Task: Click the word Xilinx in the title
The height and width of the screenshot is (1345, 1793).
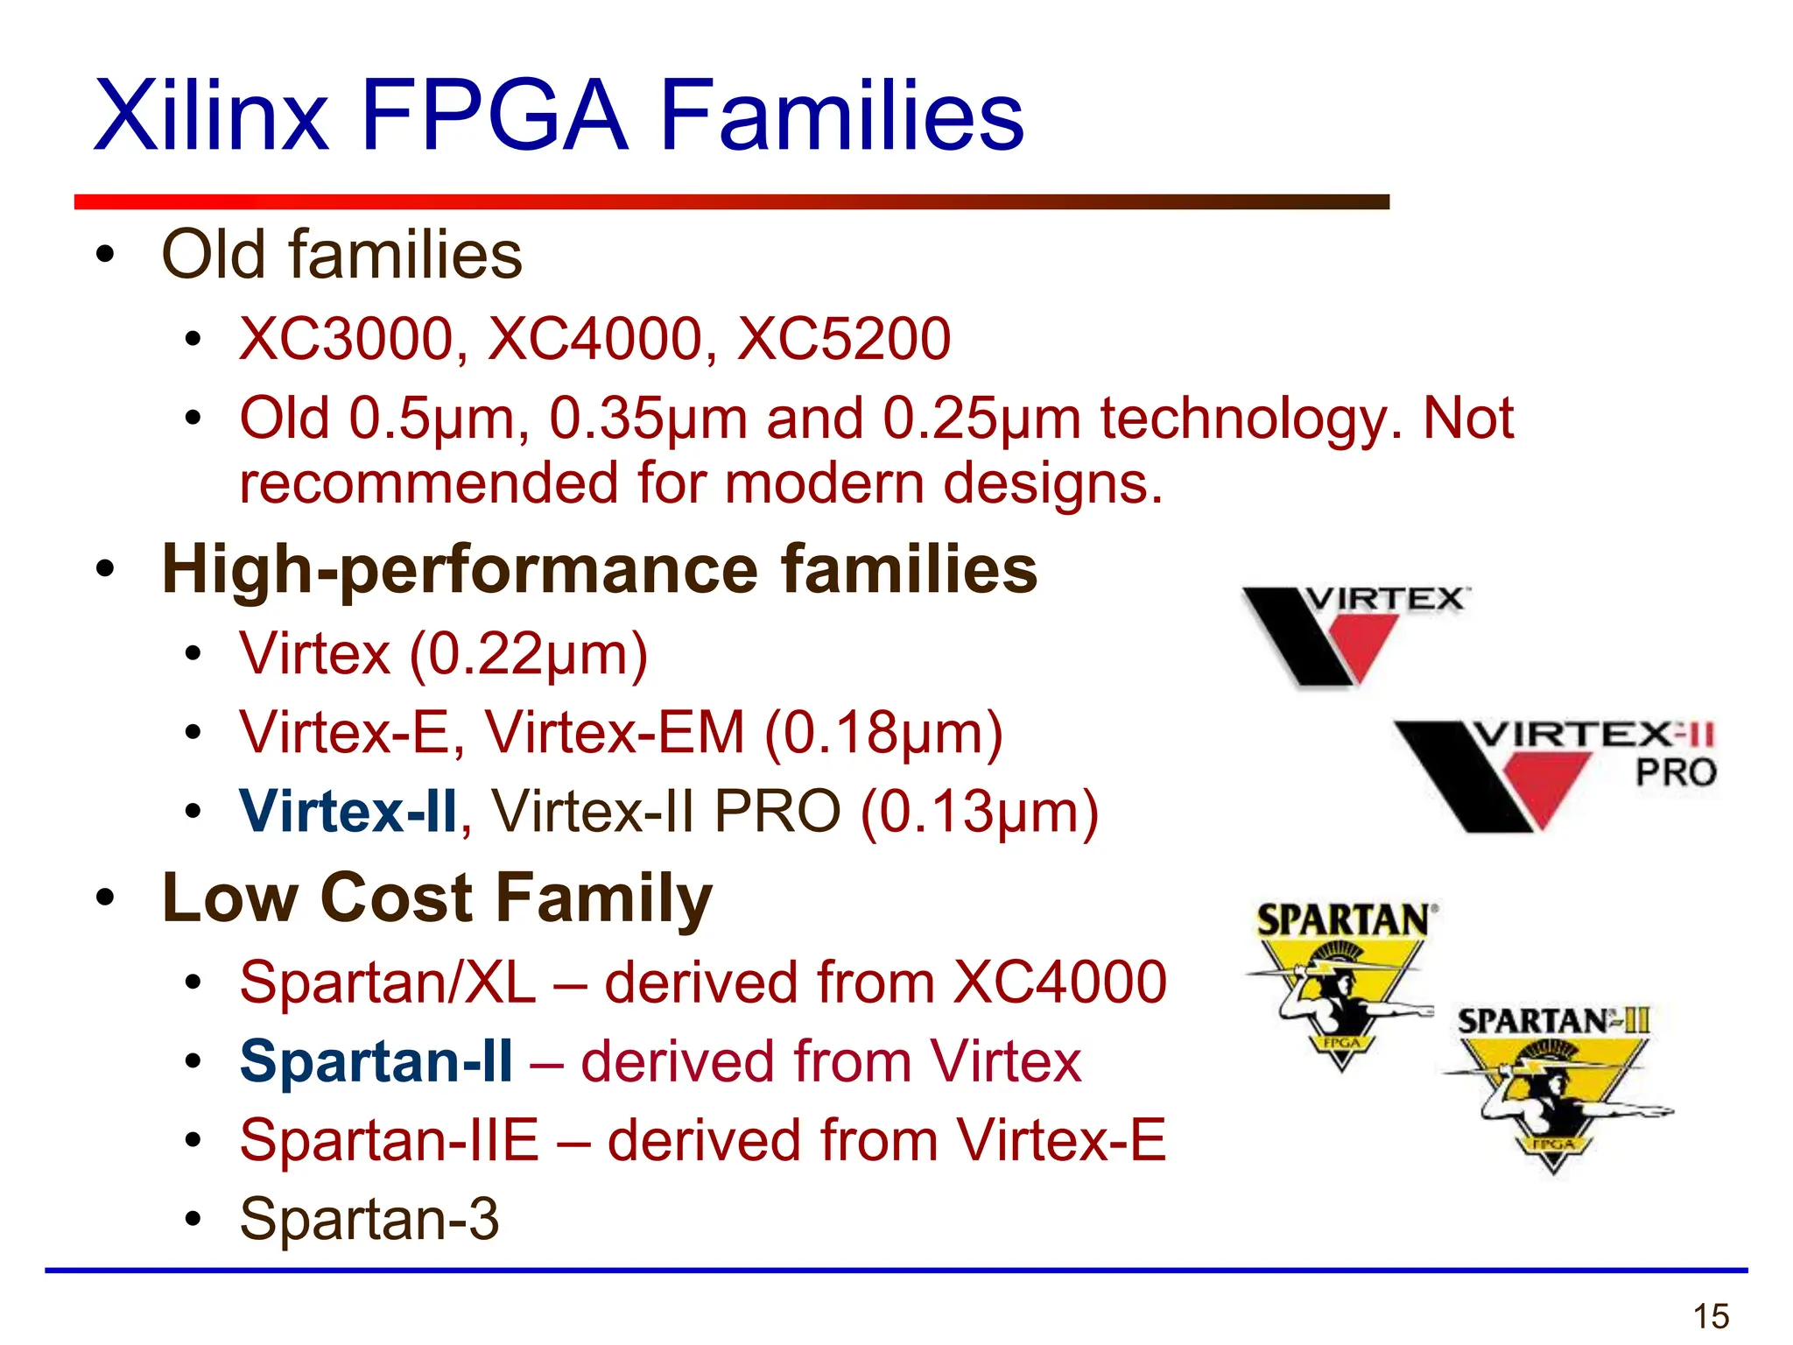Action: [x=211, y=116]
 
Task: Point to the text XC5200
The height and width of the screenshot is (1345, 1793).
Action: [x=843, y=339]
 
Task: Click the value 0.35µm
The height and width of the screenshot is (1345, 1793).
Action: [x=648, y=419]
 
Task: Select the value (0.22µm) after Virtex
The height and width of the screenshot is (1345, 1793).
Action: [x=529, y=654]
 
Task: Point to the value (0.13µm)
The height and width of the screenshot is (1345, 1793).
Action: [x=980, y=812]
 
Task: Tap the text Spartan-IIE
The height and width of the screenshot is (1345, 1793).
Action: [x=390, y=1140]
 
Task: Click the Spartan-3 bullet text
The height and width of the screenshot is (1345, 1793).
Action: [x=369, y=1219]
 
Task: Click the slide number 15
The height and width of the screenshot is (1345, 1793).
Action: [x=1711, y=1316]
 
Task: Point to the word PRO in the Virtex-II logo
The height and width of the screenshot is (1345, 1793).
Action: [x=1676, y=772]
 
